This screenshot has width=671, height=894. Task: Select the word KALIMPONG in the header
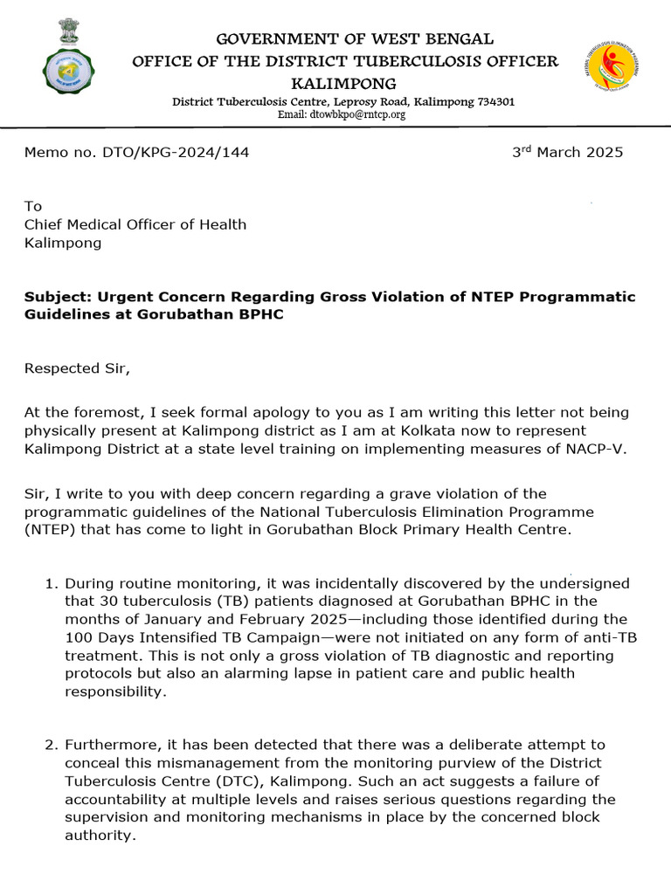point(343,84)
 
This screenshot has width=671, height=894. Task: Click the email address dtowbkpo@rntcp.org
point(342,114)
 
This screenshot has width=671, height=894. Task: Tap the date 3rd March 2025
point(567,152)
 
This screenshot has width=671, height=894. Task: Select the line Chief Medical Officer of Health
point(135,224)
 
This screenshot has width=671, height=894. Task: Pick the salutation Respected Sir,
point(77,368)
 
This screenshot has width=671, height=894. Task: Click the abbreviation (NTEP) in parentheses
point(50,530)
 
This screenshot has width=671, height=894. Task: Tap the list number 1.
point(51,583)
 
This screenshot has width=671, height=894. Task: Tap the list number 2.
point(51,745)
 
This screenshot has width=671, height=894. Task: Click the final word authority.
point(100,835)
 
